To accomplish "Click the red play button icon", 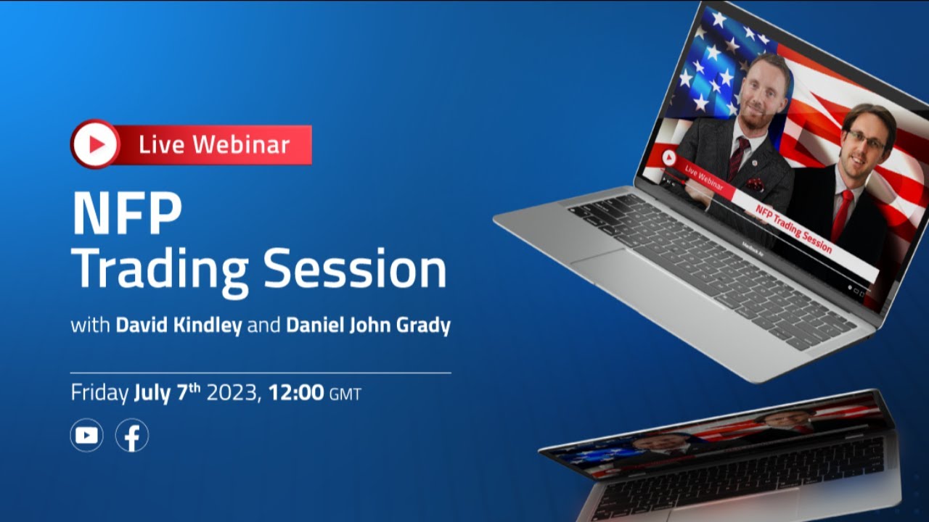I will pyautogui.click(x=95, y=144).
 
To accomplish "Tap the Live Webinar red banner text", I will pyautogui.click(x=214, y=144).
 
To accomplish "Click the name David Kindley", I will pyautogui.click(x=179, y=326).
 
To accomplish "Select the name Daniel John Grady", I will pyautogui.click(x=368, y=326).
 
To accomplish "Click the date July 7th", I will pyautogui.click(x=168, y=393).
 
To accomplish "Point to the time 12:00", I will pyautogui.click(x=296, y=394).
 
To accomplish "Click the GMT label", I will pyautogui.click(x=345, y=395).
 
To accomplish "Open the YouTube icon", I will pyautogui.click(x=86, y=436).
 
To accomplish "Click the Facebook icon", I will pyautogui.click(x=132, y=436).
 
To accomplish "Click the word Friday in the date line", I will pyautogui.click(x=99, y=394).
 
